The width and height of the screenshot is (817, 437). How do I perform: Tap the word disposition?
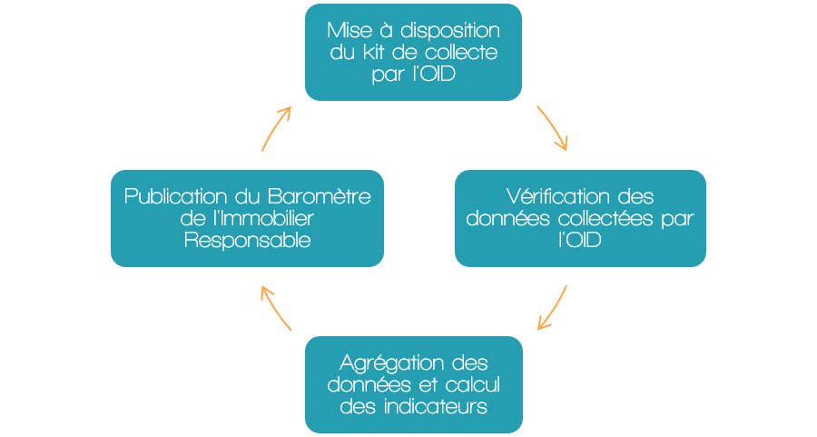click(x=450, y=31)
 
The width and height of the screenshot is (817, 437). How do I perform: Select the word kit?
click(x=374, y=52)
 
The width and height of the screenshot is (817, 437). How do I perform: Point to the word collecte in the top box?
click(x=461, y=52)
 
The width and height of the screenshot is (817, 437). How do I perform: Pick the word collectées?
click(x=605, y=218)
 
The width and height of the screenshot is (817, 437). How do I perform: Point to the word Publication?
click(x=175, y=196)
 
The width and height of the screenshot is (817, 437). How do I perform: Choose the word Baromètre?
click(x=320, y=196)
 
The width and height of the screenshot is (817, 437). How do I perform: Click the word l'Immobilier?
click(x=263, y=218)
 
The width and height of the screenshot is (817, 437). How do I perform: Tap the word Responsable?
click(x=248, y=241)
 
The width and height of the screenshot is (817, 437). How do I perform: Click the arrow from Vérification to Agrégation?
click(x=555, y=309)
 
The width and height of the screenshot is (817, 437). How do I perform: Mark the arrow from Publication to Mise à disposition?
click(x=274, y=128)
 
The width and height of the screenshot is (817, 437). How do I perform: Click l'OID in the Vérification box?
click(x=580, y=240)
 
